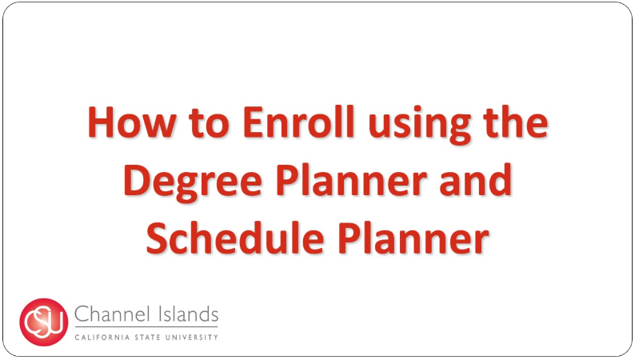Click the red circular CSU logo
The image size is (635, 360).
(44, 322)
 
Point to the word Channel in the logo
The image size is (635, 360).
(106, 314)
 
